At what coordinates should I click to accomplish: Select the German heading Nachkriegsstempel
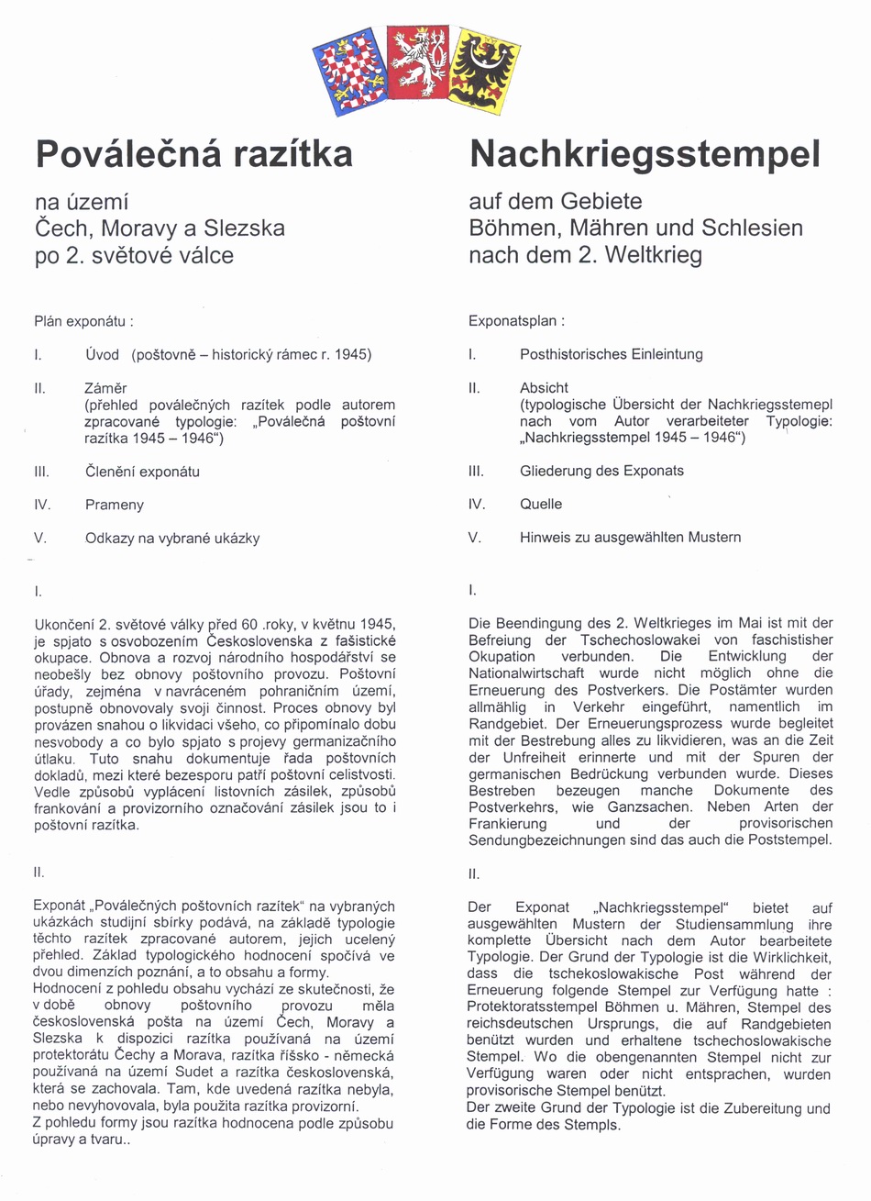tap(644, 153)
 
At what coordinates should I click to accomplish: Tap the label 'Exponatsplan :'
tap(516, 321)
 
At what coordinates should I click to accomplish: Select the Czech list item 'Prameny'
tap(114, 505)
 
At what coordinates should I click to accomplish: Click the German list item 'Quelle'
tap(541, 504)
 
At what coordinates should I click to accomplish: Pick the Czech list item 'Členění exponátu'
tap(142, 472)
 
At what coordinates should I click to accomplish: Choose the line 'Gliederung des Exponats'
tap(601, 471)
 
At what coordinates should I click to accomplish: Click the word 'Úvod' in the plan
tap(102, 354)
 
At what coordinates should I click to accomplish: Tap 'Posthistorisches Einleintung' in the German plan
tap(611, 354)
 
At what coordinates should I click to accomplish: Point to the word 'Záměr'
tap(105, 387)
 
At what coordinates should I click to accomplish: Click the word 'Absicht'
tap(544, 387)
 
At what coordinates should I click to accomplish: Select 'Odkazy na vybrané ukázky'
tap(172, 538)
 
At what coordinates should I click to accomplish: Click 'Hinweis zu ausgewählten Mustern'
tap(630, 537)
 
